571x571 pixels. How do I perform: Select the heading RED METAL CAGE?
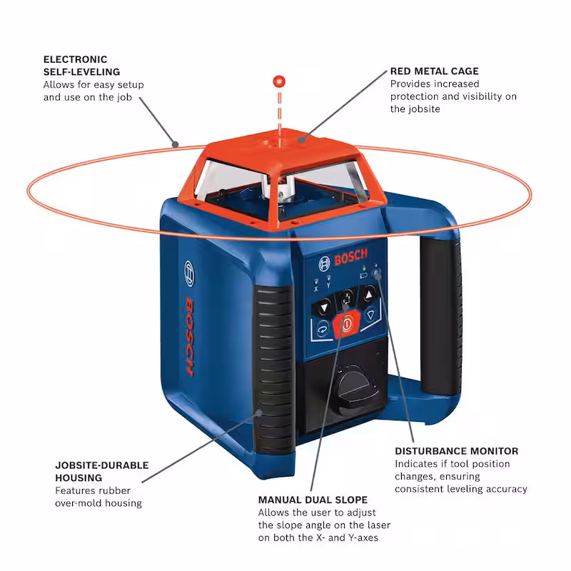tap(434, 71)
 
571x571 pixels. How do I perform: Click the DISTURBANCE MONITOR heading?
tap(456, 451)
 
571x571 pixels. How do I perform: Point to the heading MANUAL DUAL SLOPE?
tap(313, 500)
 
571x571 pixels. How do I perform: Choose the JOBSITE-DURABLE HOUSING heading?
tap(102, 471)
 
